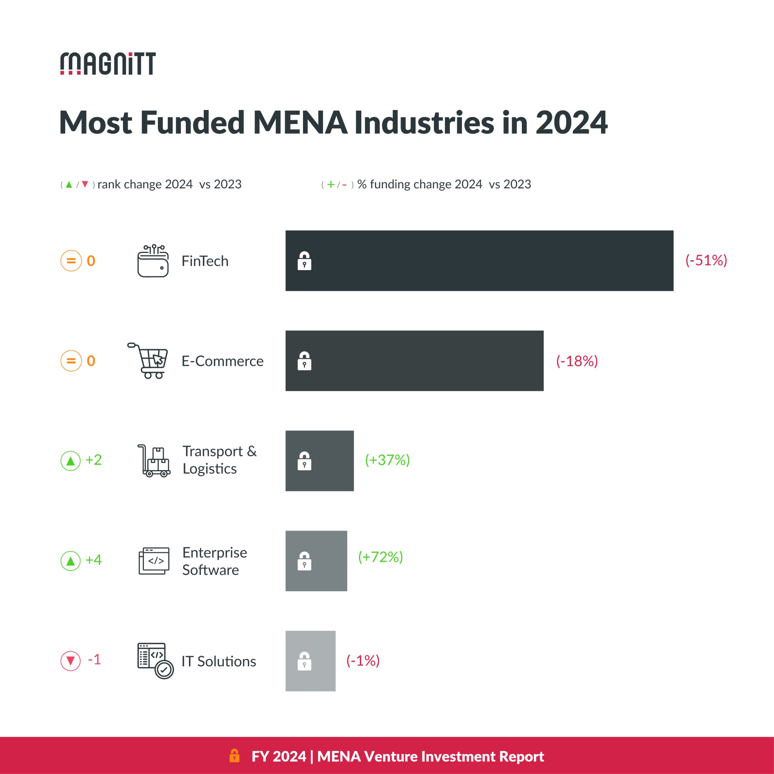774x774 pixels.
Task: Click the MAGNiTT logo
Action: pos(108,63)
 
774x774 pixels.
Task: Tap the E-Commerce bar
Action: pos(414,361)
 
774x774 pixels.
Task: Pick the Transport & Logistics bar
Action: pos(319,461)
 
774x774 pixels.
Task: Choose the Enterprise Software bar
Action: pos(316,561)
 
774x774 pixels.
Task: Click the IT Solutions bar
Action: pos(310,661)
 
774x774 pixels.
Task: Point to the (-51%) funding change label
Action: pos(706,260)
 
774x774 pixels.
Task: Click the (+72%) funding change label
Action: pos(380,557)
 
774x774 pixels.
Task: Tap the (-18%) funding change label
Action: pos(577,361)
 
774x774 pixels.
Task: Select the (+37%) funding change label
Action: pos(387,460)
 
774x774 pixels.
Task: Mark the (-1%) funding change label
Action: pos(363,661)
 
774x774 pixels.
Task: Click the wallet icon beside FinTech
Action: pos(153,261)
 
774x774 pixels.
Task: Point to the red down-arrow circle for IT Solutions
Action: pos(70,661)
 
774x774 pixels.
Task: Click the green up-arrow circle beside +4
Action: pos(70,561)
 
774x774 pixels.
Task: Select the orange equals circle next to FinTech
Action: pos(71,261)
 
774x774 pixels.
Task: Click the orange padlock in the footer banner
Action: pos(234,756)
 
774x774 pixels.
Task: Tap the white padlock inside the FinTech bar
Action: pos(304,261)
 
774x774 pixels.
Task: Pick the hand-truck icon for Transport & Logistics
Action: pos(154,461)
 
